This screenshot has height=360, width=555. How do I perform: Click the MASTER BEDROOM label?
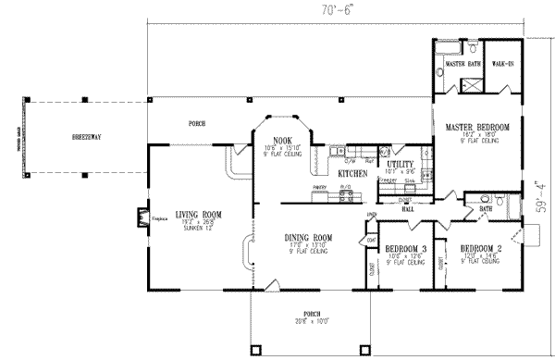[477, 127]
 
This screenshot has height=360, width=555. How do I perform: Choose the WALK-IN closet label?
[502, 65]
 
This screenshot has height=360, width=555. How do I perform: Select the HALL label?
[408, 208]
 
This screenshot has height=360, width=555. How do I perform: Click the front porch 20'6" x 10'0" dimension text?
[305, 321]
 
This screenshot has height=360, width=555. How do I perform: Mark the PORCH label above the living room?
[196, 122]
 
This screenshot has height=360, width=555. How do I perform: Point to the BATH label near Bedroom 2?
[485, 210]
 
